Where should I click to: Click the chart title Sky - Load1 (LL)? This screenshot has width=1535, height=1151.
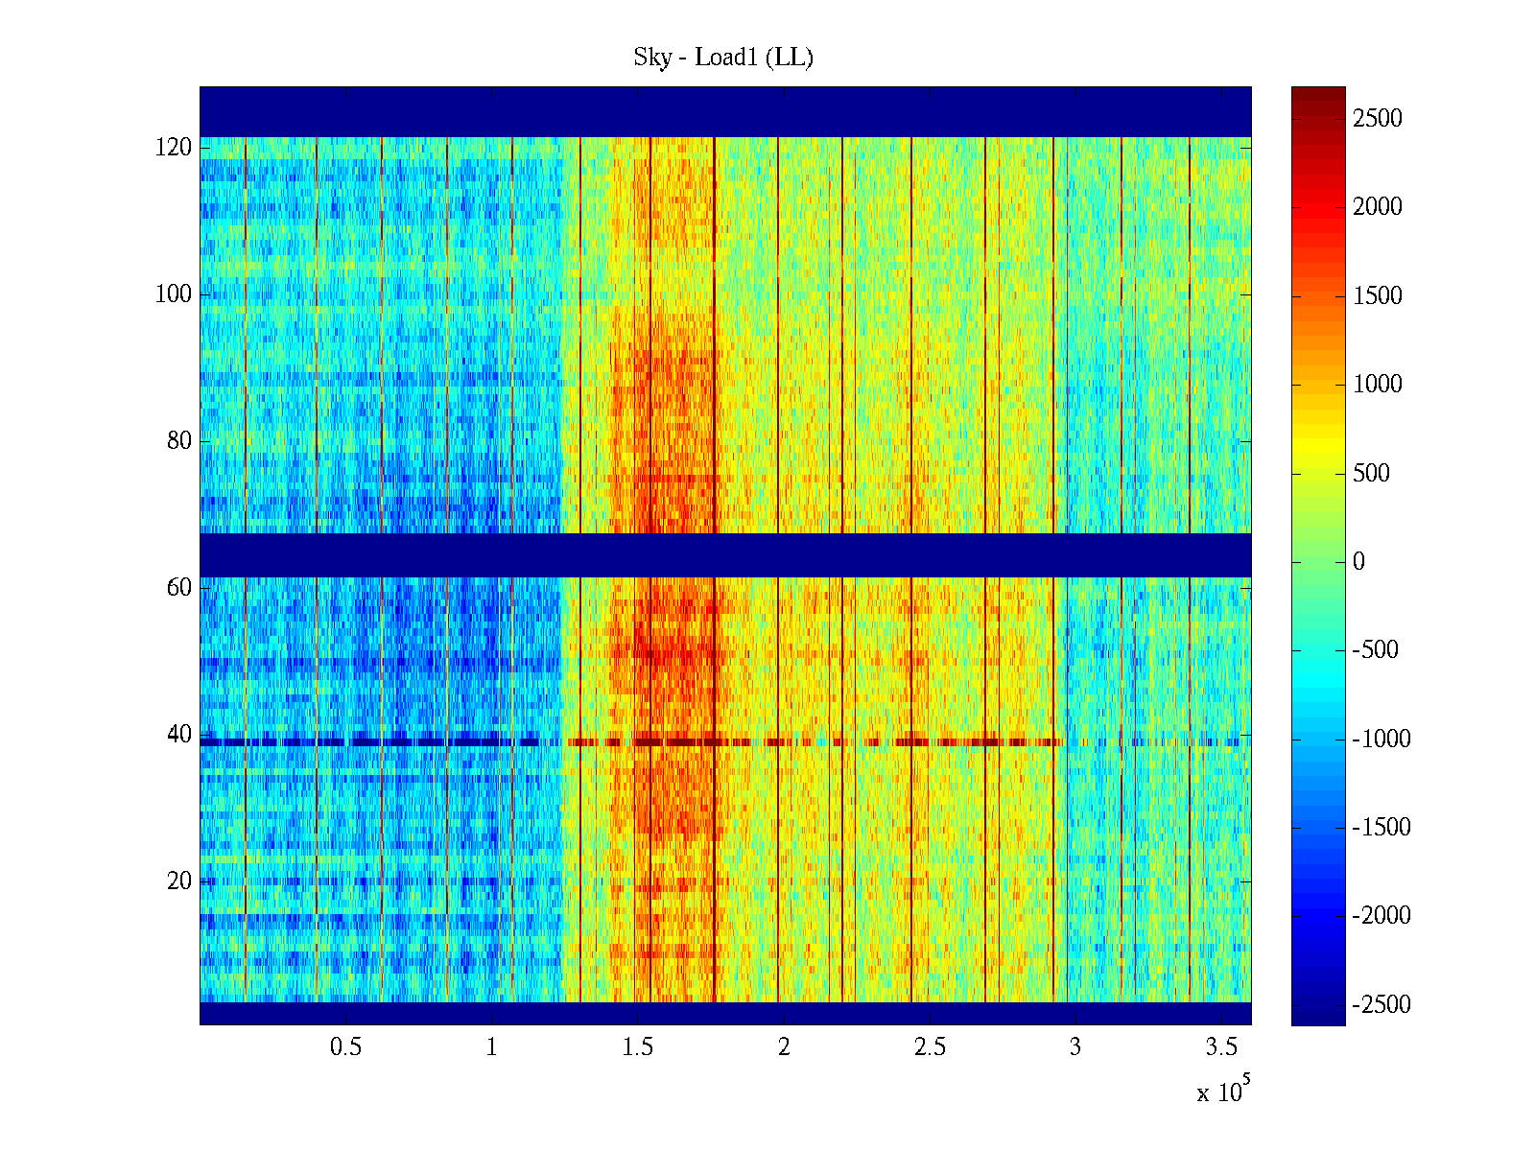(723, 58)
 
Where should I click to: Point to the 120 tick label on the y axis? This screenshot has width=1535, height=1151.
(174, 148)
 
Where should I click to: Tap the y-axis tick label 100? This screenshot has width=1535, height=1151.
(174, 294)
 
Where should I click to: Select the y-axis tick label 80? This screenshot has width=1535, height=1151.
(179, 441)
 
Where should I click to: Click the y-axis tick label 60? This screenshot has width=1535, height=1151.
(179, 588)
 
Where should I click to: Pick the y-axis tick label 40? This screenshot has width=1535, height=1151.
(179, 735)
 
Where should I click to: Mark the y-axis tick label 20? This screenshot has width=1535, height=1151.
(179, 881)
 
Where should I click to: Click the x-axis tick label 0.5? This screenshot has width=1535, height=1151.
(345, 1047)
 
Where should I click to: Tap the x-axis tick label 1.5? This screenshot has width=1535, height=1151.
(637, 1047)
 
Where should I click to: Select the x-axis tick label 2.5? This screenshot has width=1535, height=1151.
(930, 1047)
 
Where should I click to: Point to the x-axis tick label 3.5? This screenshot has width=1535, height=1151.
(1221, 1047)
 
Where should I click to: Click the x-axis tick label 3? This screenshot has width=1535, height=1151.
(1075, 1047)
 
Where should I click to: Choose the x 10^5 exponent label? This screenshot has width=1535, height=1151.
(1222, 1092)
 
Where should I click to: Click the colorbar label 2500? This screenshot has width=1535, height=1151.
(1378, 119)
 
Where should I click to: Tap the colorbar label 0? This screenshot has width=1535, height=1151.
(1358, 562)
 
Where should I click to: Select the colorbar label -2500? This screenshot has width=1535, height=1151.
(1381, 1005)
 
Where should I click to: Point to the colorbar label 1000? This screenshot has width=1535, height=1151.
(1378, 385)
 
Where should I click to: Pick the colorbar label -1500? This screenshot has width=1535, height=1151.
(1381, 828)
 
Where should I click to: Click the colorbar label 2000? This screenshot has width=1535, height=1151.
(1378, 207)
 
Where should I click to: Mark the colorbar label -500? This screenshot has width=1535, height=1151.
(1376, 650)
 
